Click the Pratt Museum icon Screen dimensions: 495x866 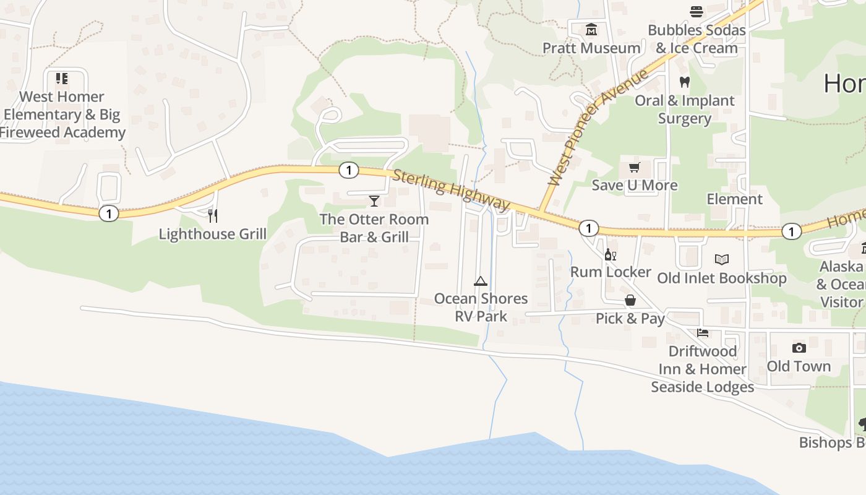coord(591,30)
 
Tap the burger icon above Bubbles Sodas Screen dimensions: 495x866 coord(697,11)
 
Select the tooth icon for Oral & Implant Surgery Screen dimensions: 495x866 coord(684,82)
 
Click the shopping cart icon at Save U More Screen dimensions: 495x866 coord(634,167)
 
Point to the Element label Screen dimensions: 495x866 coord(735,199)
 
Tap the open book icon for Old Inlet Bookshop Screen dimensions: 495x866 coord(721,260)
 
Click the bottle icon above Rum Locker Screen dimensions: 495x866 coord(610,254)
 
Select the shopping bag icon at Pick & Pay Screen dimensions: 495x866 coord(630,300)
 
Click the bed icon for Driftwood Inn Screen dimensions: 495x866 coord(702,333)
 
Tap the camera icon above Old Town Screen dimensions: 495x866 coord(799,348)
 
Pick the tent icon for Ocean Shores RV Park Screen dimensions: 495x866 coord(480,281)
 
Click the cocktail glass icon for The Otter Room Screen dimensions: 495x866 coord(374,200)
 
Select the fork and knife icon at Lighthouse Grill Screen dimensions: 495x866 coord(212,215)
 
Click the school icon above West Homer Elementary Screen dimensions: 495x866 coord(61,78)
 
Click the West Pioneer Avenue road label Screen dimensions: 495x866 coord(598,127)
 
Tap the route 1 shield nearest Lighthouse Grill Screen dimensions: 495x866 coord(109,213)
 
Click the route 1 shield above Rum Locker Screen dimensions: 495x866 coord(588,228)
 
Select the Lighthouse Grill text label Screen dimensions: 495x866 coord(213,234)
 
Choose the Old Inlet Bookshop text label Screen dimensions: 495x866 coord(721,278)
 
